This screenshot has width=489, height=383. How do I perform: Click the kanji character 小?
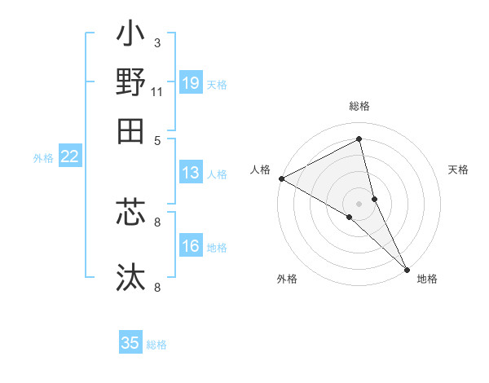point(130,37)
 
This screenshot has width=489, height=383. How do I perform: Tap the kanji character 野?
point(130,83)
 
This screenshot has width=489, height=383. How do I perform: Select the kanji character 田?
point(130,130)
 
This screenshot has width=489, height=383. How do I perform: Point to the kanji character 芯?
point(130,214)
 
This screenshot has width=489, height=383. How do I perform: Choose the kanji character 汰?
point(130,276)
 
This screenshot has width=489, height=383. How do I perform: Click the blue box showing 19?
point(191,84)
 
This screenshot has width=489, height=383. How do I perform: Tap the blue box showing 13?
point(191,173)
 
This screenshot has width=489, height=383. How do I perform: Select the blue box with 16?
point(191,247)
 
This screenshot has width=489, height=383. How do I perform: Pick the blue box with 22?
point(70,157)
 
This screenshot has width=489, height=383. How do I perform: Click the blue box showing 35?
point(130,343)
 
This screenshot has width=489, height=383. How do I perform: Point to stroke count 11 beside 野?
point(157,91)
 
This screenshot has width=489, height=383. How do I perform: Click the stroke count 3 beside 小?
point(157,42)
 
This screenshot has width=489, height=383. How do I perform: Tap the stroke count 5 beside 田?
point(157,140)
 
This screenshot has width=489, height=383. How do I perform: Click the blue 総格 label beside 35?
point(157,345)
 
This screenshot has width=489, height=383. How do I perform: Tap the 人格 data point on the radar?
point(281,178)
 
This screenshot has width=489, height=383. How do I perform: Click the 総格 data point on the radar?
point(359,139)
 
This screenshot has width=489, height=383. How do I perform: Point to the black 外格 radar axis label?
point(287,280)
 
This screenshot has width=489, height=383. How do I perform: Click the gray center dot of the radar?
point(359,203)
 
